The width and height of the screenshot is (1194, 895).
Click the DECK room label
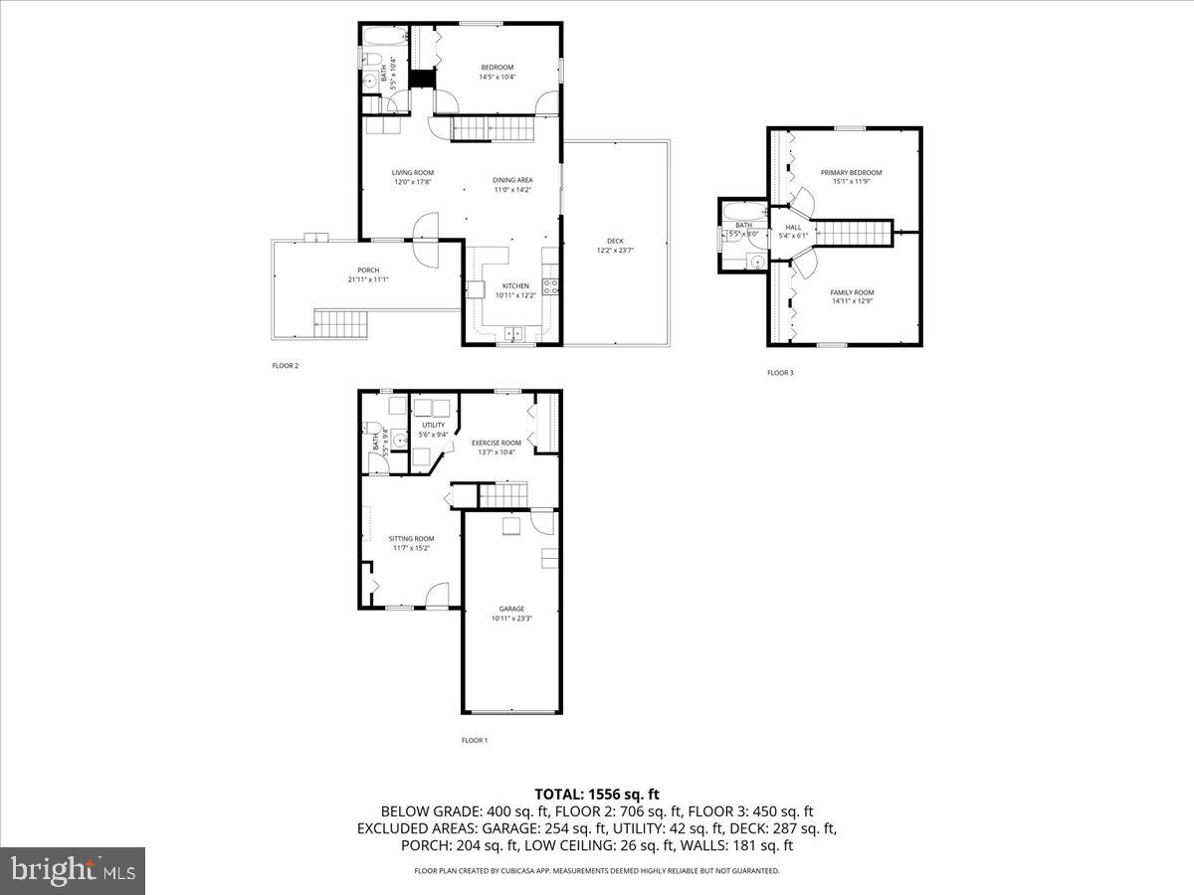tap(615, 241)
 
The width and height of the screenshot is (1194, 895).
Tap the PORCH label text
tap(368, 270)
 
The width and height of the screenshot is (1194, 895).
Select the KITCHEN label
tap(515, 286)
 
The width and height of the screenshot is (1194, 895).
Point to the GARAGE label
tap(511, 609)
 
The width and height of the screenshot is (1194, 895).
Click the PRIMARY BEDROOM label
tap(851, 173)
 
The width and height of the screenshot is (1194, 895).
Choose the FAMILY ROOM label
tap(852, 292)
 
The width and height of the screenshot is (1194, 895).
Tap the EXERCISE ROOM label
tap(496, 443)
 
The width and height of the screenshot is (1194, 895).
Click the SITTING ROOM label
tap(411, 539)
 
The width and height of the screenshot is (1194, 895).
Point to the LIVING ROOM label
tap(412, 173)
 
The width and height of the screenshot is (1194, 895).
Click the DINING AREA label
tap(512, 180)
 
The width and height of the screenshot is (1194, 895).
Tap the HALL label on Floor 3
tap(793, 228)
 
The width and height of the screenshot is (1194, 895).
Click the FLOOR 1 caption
tap(475, 740)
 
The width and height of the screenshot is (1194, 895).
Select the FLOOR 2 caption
tap(286, 366)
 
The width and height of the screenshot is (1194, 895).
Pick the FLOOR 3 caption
tap(780, 373)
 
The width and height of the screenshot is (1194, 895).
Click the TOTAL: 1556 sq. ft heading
tap(597, 794)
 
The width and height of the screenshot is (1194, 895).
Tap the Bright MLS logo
tap(73, 871)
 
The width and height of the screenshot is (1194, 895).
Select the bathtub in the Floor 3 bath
tap(741, 210)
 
